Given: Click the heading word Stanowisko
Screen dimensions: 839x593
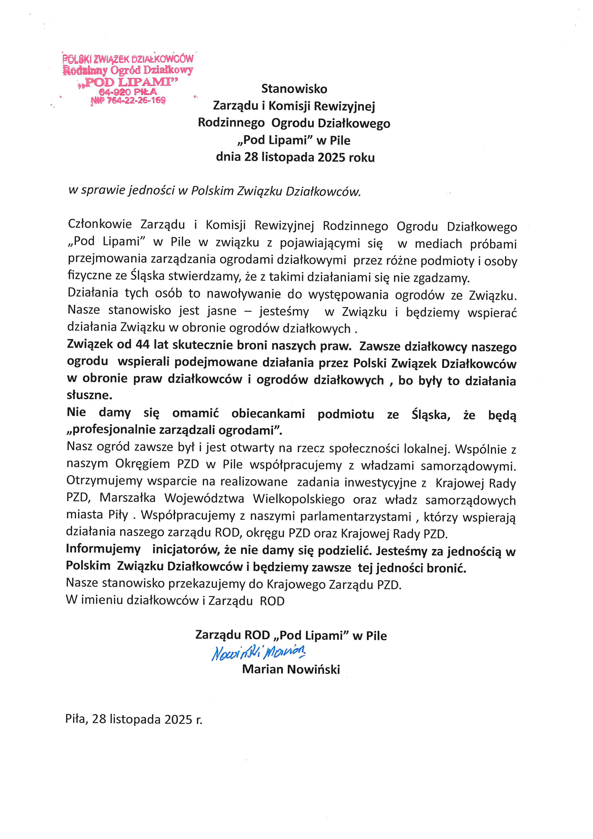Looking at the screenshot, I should pyautogui.click(x=294, y=89).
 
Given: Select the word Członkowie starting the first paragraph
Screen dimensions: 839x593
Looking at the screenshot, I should pyautogui.click(x=100, y=224).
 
